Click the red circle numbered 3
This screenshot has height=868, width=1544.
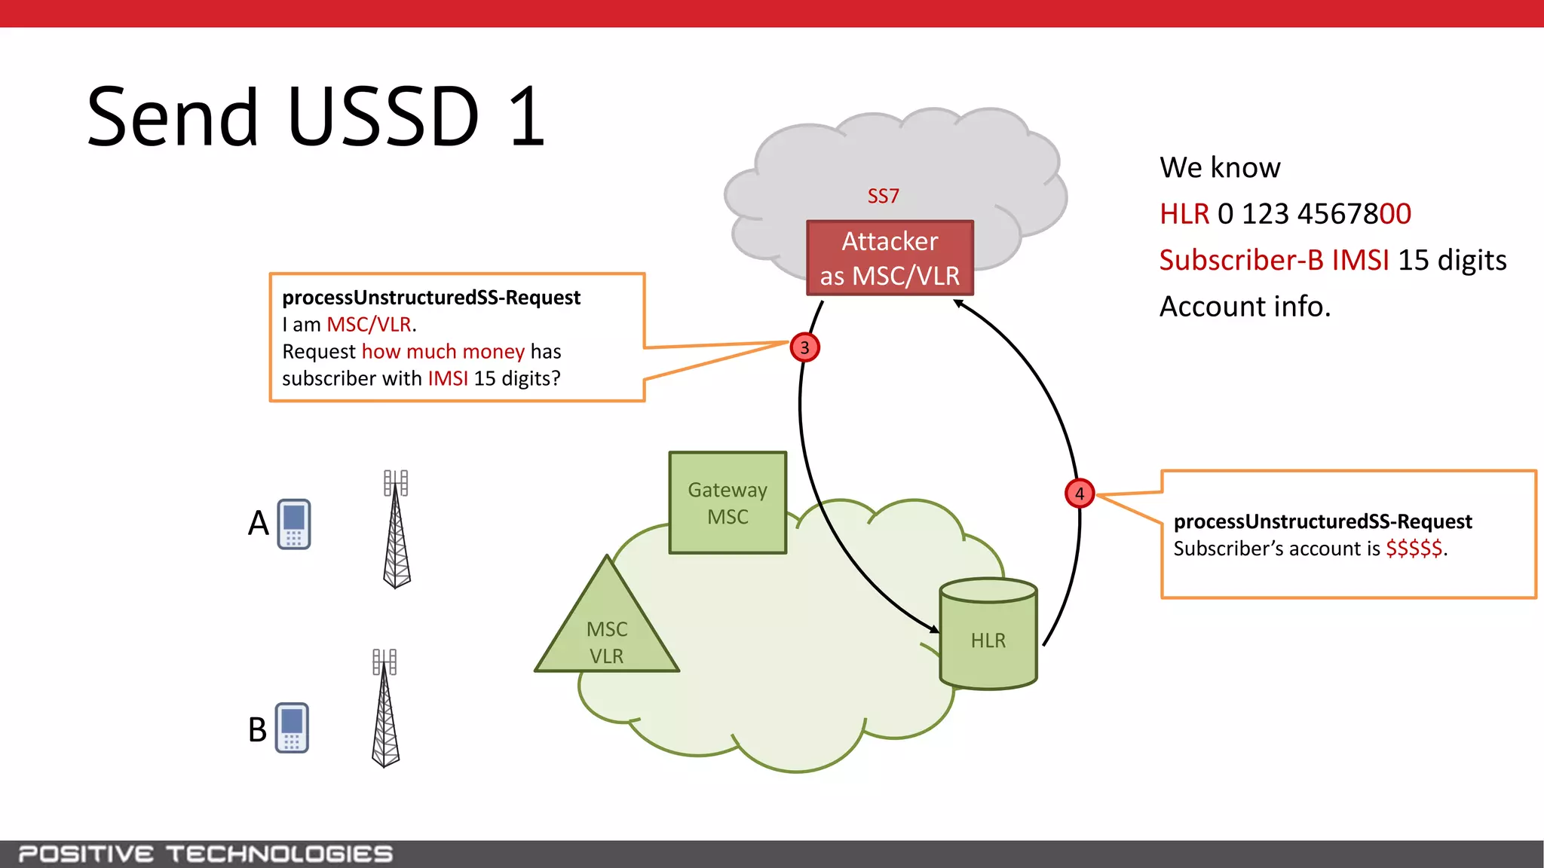pyautogui.click(x=804, y=347)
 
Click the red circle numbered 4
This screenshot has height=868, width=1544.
pyautogui.click(x=1079, y=494)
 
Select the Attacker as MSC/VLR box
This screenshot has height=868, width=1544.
pyautogui.click(x=890, y=258)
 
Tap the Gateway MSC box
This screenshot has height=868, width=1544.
pyautogui.click(x=728, y=503)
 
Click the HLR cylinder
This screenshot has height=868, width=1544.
pyautogui.click(x=988, y=634)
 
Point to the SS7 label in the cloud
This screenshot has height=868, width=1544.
pyautogui.click(x=883, y=196)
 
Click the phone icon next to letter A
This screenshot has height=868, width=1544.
pyautogui.click(x=294, y=524)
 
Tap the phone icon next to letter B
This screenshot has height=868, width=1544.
pyautogui.click(x=292, y=727)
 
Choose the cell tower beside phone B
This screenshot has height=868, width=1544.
pyautogui.click(x=385, y=708)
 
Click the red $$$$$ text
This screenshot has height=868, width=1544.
pyautogui.click(x=1414, y=549)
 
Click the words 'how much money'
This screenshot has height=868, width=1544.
pyautogui.click(x=443, y=352)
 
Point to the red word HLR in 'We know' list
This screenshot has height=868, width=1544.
pyautogui.click(x=1184, y=215)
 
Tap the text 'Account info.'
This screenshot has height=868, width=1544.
pyautogui.click(x=1245, y=307)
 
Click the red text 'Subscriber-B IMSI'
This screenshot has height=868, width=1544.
pyautogui.click(x=1273, y=261)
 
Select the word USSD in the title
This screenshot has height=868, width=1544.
pyautogui.click(x=383, y=118)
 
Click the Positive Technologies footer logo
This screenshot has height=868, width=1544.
pyautogui.click(x=205, y=854)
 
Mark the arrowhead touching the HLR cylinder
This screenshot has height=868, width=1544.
pyautogui.click(x=935, y=628)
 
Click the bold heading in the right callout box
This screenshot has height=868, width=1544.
pyautogui.click(x=1322, y=521)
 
